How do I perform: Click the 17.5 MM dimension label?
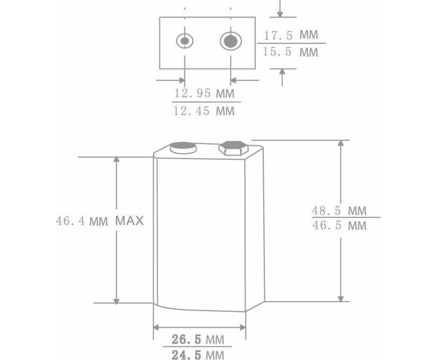coord(290,35)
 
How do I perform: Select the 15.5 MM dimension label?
coord(290,52)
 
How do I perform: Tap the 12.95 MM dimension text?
coord(204,93)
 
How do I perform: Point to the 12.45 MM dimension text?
coord(204,111)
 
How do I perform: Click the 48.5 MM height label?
coord(339,210)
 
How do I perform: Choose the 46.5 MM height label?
coord(339,225)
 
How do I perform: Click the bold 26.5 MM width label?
coord(198,339)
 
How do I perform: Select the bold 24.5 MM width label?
coord(198,355)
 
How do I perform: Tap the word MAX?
coord(130,221)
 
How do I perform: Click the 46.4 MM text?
coord(82,221)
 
